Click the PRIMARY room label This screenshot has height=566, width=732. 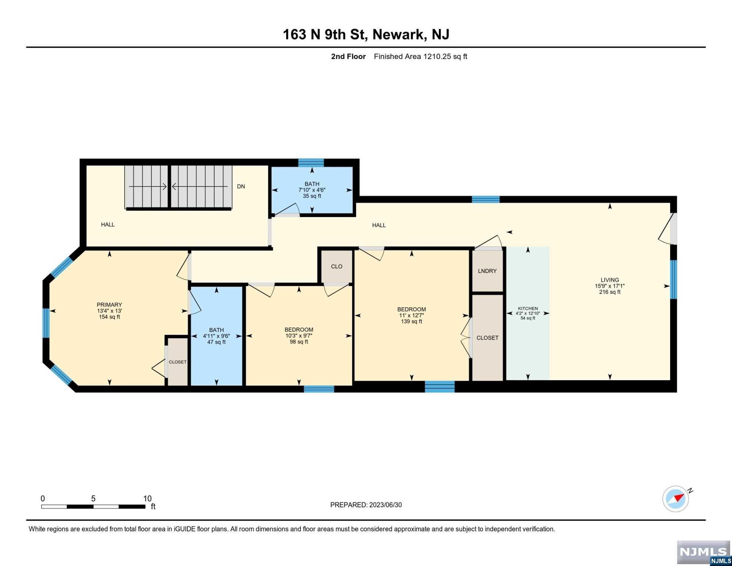tap(109, 305)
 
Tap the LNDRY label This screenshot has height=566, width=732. tap(487, 271)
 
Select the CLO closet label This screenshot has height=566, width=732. tap(337, 266)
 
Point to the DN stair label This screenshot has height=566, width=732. tap(241, 186)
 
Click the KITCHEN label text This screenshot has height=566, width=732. tap(528, 308)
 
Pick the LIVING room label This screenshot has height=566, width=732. tap(610, 280)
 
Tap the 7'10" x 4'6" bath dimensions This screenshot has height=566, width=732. tap(312, 190)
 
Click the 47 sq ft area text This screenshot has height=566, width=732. tap(217, 342)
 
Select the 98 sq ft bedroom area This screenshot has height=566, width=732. tap(299, 342)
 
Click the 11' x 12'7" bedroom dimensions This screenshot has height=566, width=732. tap(411, 315)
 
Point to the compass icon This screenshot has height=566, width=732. tap(676, 499)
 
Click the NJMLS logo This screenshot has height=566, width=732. tap(703, 553)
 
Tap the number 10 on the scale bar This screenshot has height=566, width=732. tap(147, 499)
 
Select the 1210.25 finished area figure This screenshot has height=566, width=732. tap(437, 56)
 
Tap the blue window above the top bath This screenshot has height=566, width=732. tap(311, 163)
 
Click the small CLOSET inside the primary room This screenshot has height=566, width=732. tap(177, 362)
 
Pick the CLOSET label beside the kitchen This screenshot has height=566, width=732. tap(488, 338)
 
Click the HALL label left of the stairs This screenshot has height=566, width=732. tap(108, 224)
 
